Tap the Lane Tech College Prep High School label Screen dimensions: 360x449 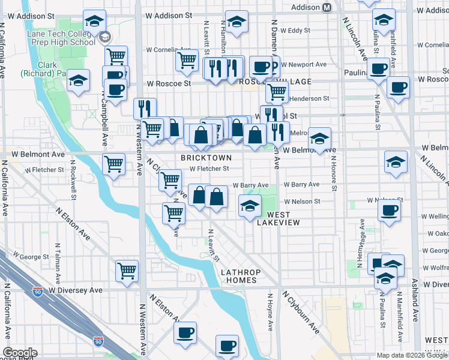coord(66,37)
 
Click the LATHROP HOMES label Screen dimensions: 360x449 coord(239,276)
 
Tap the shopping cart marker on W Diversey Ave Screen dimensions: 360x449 coord(127,271)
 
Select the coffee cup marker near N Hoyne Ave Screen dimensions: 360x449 coord(227,346)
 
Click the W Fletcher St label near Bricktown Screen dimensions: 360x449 coord(209,169)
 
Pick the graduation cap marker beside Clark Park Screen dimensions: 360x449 coord(78,82)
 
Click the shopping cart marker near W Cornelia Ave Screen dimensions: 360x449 coord(187,60)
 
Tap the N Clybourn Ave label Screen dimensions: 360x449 coord(300,312)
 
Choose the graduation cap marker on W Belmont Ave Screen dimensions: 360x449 coord(320,139)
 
